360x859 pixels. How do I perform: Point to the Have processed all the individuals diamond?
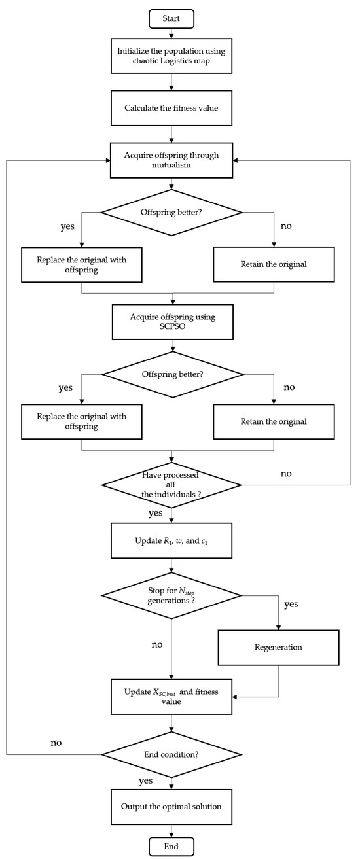coord(171,485)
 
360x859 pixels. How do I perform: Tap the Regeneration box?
coord(278,647)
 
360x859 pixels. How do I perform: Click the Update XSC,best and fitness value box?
coord(171,697)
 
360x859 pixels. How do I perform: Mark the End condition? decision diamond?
coord(171,754)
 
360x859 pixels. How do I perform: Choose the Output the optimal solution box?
coord(171,806)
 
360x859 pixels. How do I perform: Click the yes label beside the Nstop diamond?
coord(291,604)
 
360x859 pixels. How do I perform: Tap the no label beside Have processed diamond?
coord(286,473)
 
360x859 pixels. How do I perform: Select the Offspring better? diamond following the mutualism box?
coord(171,212)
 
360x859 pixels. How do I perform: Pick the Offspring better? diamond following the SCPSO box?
coord(171,374)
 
